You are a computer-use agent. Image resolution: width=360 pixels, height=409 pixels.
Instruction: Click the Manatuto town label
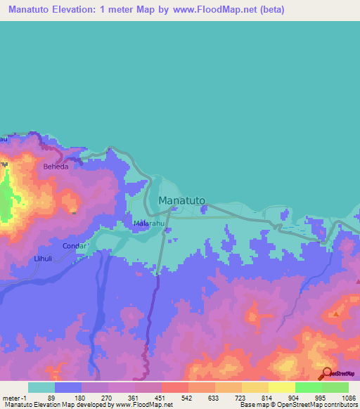tap(182, 200)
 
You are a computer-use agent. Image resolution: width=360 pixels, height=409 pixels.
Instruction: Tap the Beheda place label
tap(56, 168)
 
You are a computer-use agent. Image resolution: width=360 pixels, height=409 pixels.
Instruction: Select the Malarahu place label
tap(149, 224)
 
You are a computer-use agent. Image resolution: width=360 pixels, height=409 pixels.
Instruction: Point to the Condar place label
tap(75, 246)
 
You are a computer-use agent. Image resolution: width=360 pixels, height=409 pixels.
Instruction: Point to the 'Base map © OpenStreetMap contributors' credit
tap(298, 405)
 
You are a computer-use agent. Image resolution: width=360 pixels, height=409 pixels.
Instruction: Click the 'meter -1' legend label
tap(15, 397)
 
